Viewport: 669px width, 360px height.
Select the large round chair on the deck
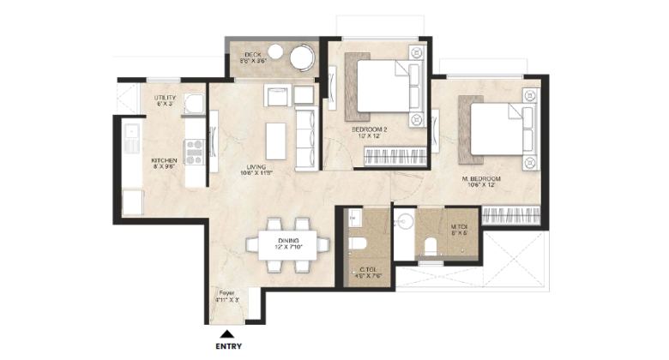[300, 59]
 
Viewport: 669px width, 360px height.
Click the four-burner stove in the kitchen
[193, 151]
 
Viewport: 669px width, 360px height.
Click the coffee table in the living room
[275, 141]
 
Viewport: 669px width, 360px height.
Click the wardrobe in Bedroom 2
[395, 157]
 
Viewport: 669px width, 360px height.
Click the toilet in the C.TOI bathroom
[356, 245]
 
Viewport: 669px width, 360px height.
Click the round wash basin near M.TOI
[404, 224]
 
